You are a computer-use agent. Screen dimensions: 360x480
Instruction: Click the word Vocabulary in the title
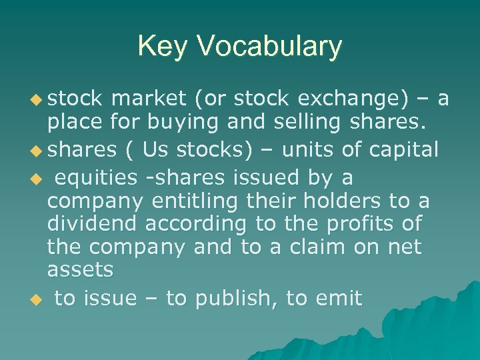(x=270, y=47)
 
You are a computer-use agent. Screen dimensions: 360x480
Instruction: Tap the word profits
(x=367, y=224)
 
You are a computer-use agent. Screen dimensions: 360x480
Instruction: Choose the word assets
(x=80, y=271)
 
